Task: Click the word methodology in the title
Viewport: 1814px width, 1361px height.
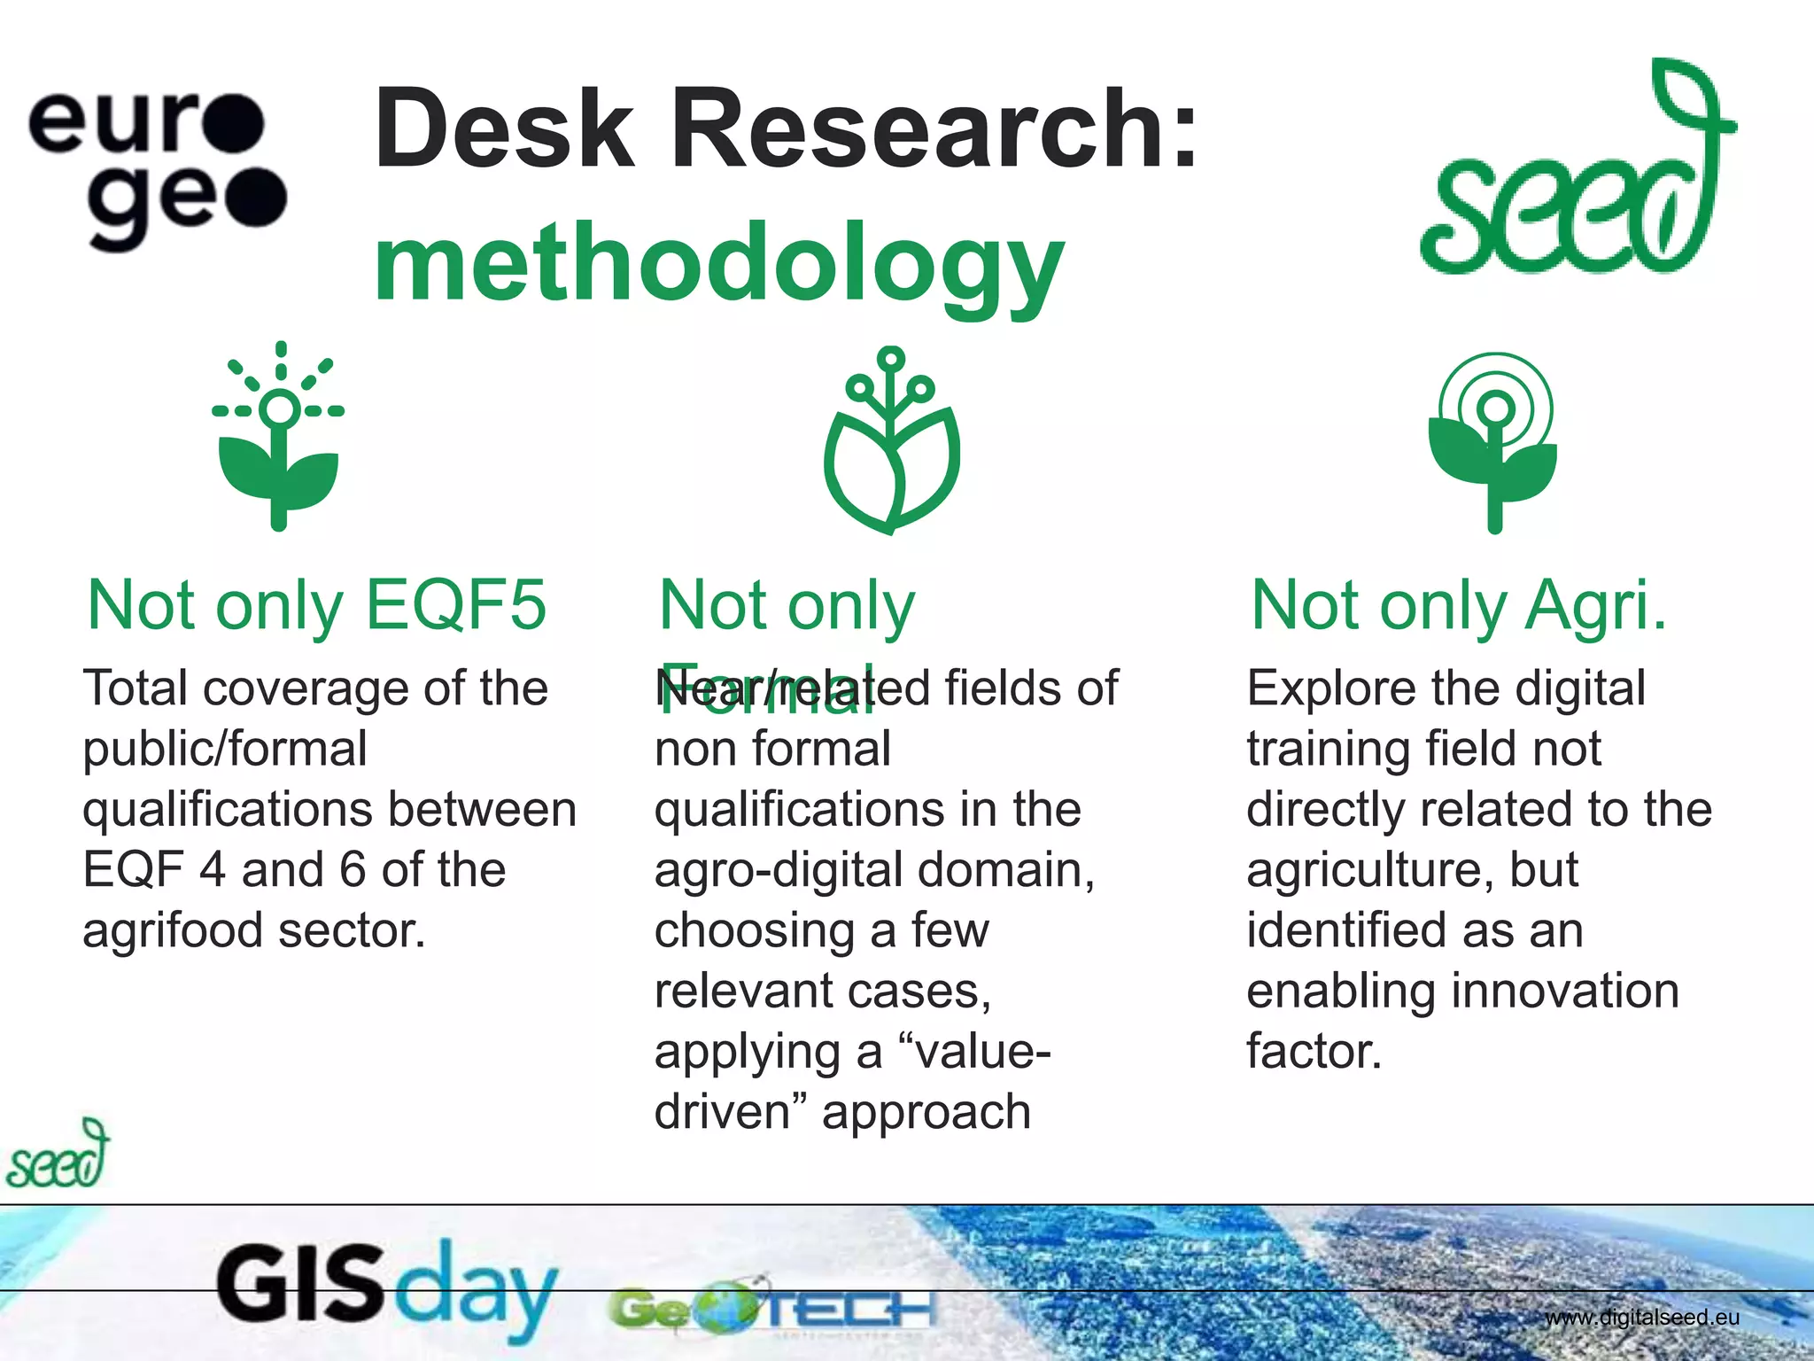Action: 717,262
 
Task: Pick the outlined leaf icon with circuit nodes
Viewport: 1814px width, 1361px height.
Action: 891,440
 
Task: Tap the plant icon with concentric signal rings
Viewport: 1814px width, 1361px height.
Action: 1494,441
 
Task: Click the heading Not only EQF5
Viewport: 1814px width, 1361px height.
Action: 316,605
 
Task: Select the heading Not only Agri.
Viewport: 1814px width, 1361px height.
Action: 1458,605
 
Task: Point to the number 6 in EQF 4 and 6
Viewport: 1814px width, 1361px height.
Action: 352,869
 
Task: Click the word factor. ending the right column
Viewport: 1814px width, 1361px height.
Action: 1314,1051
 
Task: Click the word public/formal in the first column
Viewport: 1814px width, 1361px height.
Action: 225,749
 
